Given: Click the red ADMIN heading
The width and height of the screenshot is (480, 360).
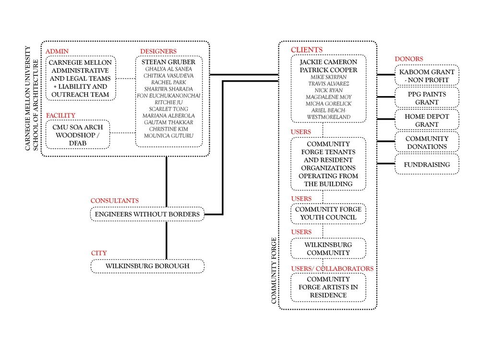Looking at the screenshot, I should coord(57,51).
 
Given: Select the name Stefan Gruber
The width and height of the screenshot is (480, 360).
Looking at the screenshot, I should coord(168,62).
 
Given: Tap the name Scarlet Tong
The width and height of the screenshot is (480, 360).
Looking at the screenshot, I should coord(168,109).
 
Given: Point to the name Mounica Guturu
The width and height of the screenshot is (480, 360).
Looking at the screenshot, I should coord(168,136).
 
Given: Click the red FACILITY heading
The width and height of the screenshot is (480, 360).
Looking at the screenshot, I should coord(61,115).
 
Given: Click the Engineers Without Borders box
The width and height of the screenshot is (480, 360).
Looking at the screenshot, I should coord(147,214).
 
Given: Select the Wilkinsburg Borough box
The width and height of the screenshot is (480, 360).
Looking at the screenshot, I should coord(147,266).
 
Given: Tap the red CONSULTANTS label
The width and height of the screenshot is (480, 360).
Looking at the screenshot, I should coord(115,201).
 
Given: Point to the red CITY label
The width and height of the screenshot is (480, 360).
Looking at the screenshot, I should coord(99,253).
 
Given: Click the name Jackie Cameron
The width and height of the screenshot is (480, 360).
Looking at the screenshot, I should coord(328,62).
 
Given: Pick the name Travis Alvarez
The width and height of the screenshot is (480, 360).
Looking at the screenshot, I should coord(328,84).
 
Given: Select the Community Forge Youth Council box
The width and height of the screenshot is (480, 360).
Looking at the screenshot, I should coord(328,213).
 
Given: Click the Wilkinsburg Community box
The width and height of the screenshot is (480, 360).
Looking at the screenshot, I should coord(328,249).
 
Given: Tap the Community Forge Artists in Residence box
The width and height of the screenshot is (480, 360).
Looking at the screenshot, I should coord(328,287).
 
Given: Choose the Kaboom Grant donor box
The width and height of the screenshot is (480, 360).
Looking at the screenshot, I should coord(427,76).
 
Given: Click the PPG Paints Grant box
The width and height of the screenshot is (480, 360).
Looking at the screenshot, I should coord(427,98).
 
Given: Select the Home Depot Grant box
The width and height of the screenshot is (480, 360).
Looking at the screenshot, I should coord(427,120).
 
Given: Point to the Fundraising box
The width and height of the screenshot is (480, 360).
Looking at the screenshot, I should coord(427,165).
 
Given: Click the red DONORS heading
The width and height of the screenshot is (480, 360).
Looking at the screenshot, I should coord(409,59).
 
